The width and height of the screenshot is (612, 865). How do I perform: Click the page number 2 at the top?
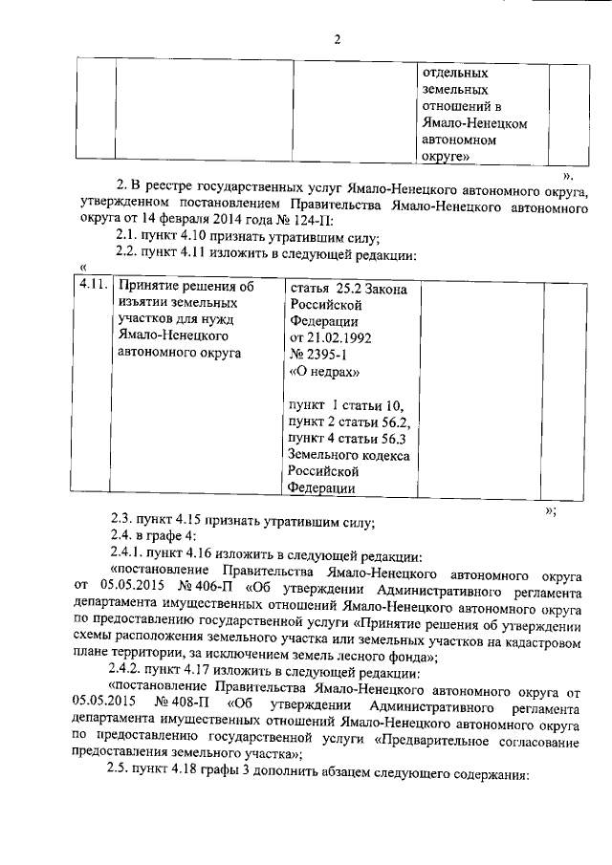(337, 39)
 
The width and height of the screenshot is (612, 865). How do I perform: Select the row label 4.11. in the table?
(93, 286)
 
